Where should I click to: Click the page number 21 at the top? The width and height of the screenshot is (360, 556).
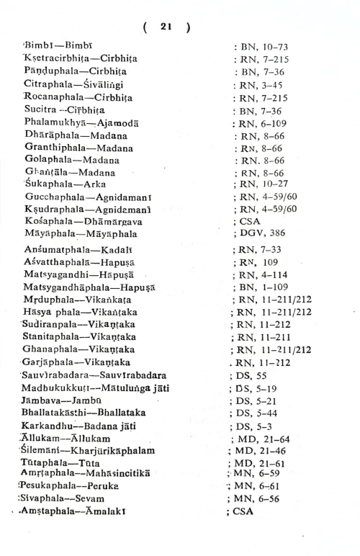pos(166,26)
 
